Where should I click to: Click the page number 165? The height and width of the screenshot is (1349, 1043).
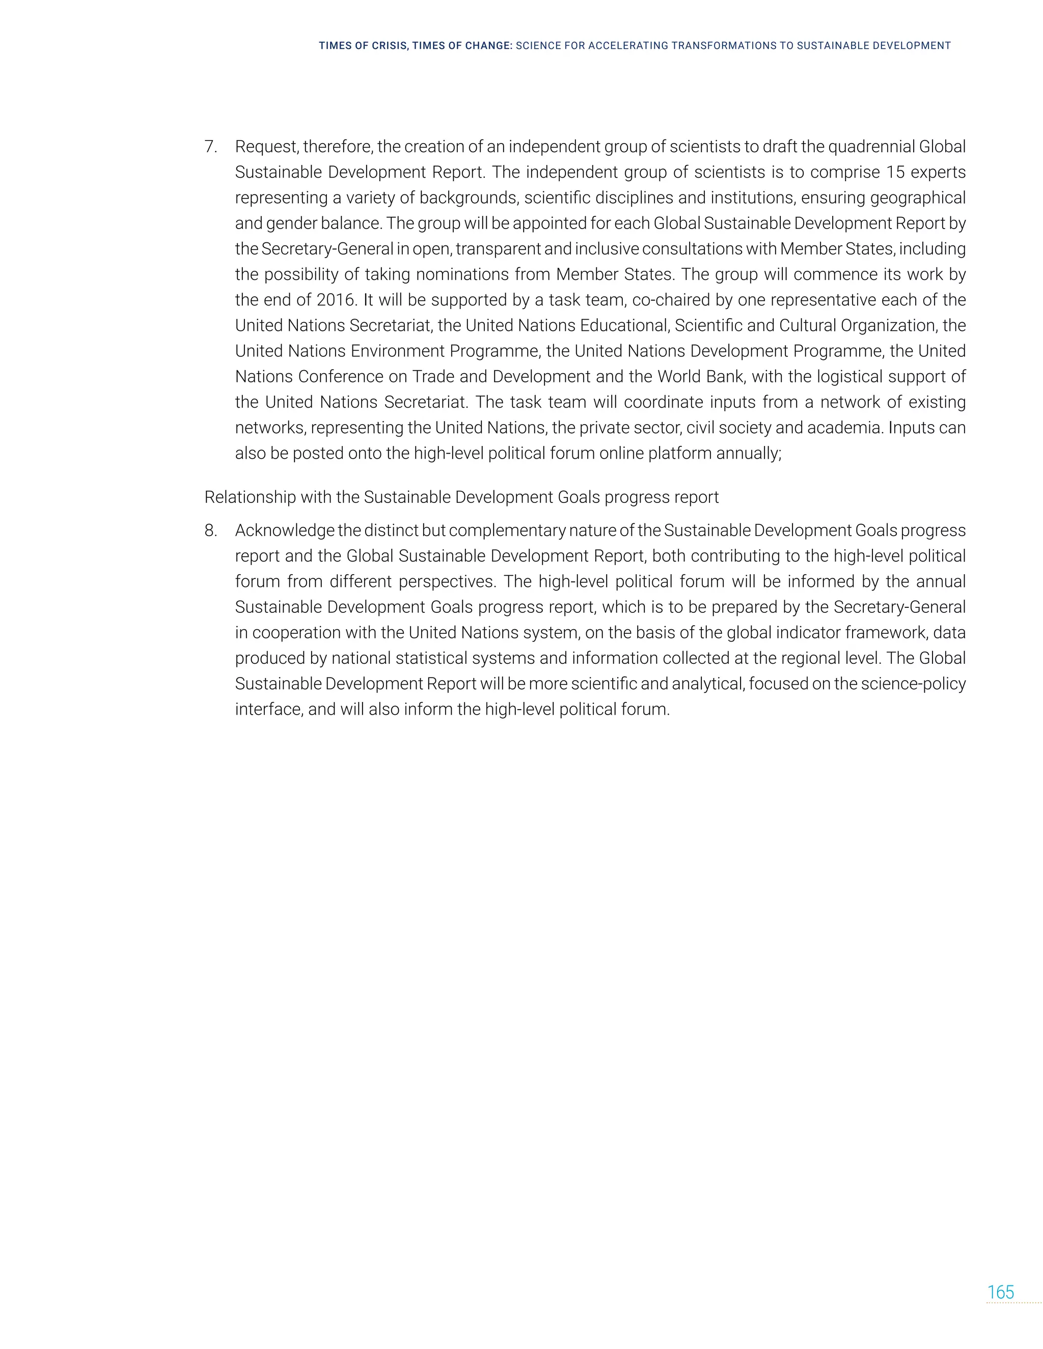1000,1292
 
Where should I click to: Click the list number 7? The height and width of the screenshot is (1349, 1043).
210,147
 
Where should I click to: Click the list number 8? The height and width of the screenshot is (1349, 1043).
210,530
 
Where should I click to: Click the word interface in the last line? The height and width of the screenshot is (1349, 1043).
268,710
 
